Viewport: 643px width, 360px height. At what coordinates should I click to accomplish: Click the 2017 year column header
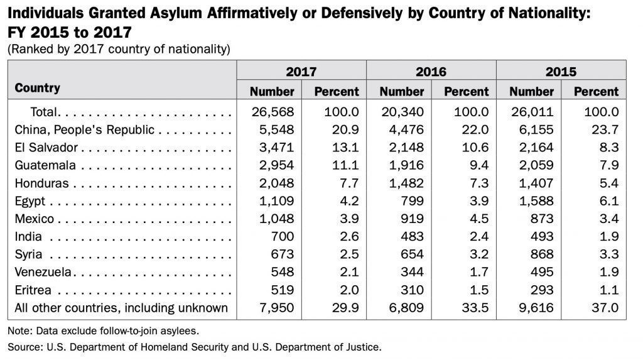301,72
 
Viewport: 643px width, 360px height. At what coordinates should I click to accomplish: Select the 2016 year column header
431,72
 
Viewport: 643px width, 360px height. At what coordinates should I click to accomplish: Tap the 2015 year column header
561,72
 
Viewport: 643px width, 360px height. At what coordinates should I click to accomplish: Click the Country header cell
37,88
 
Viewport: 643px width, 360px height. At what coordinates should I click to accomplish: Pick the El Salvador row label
46,148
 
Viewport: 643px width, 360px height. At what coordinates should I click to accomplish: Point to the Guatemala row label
45,165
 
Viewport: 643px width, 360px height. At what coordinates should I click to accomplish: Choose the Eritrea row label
33,290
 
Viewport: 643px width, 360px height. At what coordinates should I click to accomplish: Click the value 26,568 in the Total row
273,112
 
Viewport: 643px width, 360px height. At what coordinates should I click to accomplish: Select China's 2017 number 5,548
276,129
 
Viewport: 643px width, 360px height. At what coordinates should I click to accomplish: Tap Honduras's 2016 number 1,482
406,183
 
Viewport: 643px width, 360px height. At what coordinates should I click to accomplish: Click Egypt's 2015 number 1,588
536,200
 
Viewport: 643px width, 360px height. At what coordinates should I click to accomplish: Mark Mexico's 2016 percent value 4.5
479,219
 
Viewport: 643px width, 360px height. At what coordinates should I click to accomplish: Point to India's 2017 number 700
282,236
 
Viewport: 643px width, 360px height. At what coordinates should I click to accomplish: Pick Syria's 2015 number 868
542,254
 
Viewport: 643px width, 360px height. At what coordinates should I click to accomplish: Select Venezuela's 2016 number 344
412,272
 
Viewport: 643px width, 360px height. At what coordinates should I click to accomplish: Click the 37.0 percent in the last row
605,307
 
